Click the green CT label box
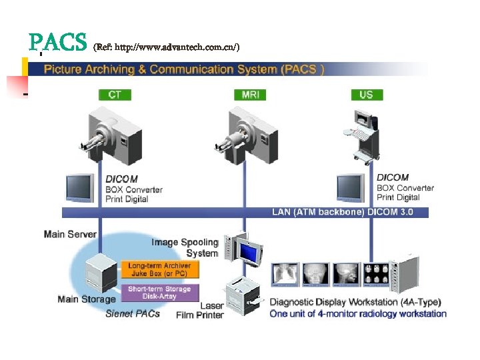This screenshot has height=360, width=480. (115, 95)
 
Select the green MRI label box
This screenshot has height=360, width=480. (251, 95)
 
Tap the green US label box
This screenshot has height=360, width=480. (366, 95)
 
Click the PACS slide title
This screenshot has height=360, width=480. (58, 43)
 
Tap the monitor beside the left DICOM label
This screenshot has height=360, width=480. (79, 188)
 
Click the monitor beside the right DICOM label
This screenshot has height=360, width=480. (351, 188)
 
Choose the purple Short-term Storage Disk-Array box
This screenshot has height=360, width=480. (159, 293)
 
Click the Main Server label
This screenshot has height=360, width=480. (70, 234)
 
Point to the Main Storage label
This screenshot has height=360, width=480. (87, 299)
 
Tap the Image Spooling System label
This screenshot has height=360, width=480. (185, 247)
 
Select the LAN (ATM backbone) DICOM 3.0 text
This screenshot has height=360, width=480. (342, 212)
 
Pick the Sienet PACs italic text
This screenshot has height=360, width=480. (133, 313)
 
